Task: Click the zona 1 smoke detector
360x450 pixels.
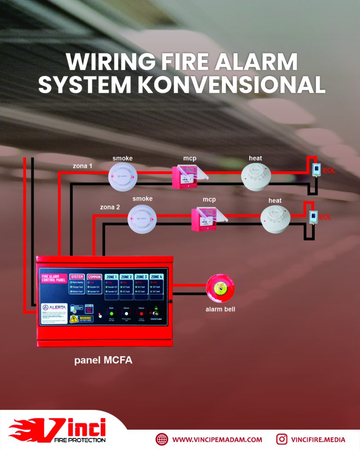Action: (x=123, y=177)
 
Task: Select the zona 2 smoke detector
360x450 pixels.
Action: (x=142, y=218)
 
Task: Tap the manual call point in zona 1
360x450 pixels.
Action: (x=187, y=176)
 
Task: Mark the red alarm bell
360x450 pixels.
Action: (x=220, y=288)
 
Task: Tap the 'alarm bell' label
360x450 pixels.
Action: (x=220, y=309)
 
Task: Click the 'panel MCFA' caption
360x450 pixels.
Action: (x=103, y=360)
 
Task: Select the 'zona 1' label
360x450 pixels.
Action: (x=83, y=166)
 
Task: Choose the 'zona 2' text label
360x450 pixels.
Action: (x=110, y=206)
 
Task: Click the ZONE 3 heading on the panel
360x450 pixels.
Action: (x=141, y=276)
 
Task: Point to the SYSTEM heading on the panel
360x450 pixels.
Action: (x=77, y=276)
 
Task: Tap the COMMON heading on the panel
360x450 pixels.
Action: (x=94, y=276)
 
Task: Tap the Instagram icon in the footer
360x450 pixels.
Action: (x=282, y=439)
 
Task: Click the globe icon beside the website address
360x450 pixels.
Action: (x=162, y=439)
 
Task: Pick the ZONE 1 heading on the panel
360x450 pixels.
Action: (x=111, y=276)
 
